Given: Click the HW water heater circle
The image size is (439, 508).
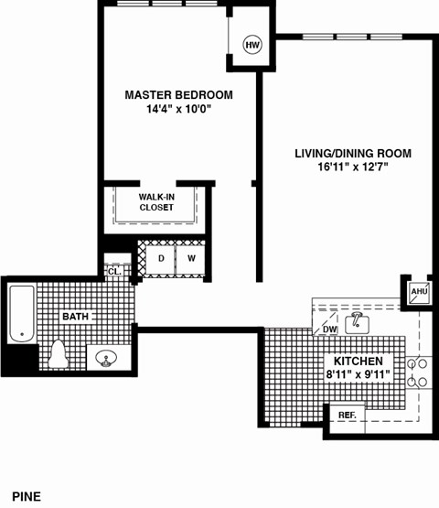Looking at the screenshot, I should point(251,43).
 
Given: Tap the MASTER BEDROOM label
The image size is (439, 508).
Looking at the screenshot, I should point(178,95).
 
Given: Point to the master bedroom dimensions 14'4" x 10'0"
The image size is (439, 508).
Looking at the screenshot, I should point(178,109).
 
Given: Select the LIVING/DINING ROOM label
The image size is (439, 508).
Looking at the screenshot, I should point(352,153).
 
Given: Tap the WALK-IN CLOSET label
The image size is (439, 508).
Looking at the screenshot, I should point(156,202).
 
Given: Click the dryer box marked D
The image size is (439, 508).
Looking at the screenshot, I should point(161,259).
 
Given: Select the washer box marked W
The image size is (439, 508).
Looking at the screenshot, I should point(191,259).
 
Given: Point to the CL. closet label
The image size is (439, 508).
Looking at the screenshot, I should point(114,271).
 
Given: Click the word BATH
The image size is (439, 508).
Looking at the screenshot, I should point(75,317).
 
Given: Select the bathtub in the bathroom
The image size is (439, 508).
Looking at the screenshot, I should point(21,313).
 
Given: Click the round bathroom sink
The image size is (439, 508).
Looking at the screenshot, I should point(103,358).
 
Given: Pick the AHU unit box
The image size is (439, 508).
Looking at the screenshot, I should point(419,291).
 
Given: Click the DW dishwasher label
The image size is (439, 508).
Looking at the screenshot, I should point(329,330).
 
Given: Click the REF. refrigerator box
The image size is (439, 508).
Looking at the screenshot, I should point(347,416).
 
